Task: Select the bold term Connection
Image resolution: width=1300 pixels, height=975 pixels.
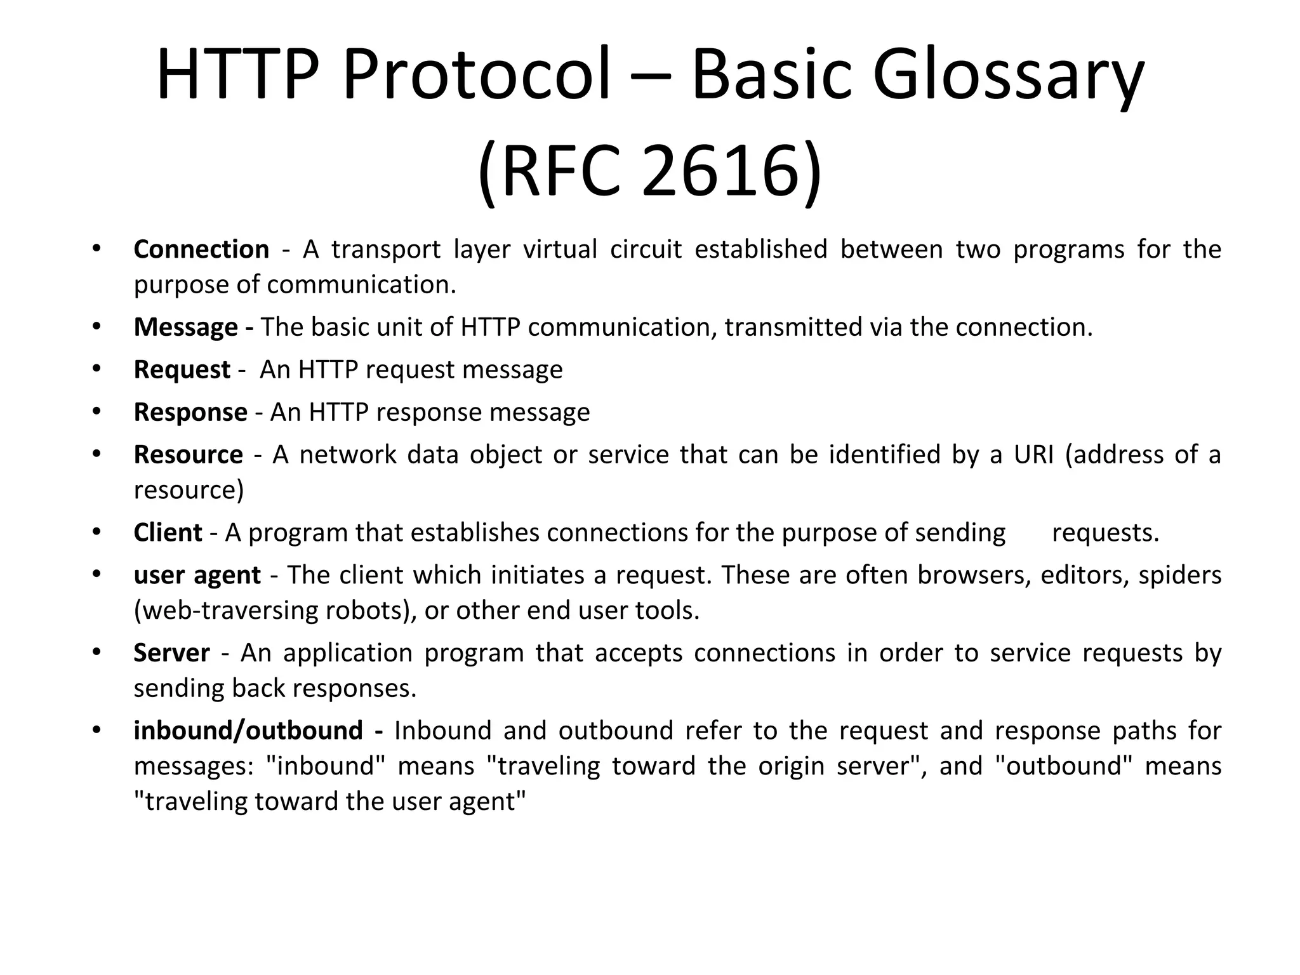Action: click(201, 249)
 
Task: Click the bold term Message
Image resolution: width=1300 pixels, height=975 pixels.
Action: click(185, 328)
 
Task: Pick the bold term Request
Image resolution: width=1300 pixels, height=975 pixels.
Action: click(182, 370)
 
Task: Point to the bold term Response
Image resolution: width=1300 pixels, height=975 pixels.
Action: click(190, 413)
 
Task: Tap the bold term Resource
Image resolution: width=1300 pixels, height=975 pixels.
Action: click(188, 455)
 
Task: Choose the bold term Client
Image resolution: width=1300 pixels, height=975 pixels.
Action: click(168, 533)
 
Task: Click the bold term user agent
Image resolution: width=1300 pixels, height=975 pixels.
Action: click(197, 576)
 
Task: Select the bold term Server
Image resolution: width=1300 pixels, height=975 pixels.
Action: click(171, 653)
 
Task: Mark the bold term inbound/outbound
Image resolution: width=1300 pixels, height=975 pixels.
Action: click(248, 731)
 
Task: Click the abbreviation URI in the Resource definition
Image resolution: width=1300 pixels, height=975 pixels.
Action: click(1033, 455)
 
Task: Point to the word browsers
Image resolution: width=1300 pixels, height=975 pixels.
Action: click(974, 575)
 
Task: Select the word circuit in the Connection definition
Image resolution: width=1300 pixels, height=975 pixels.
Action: click(646, 249)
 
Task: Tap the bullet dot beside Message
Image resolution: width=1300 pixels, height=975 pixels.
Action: click(96, 327)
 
